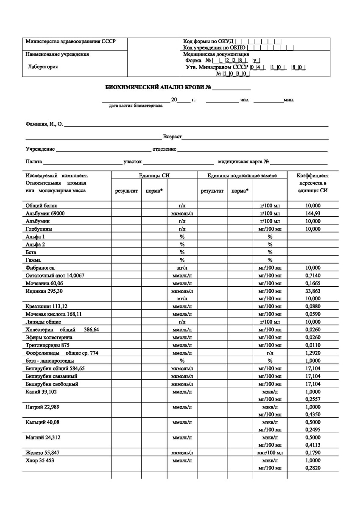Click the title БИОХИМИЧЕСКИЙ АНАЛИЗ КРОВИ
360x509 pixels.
pos(158,88)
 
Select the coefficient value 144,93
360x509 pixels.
pos(313,213)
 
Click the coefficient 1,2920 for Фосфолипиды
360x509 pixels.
pos(313,353)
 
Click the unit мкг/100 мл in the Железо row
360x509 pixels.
pos(270,453)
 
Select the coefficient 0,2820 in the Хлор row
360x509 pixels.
pos(313,468)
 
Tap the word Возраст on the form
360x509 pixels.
pos(172,137)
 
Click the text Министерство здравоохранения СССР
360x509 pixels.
pos(70,42)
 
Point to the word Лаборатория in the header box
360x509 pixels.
pos(43,67)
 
